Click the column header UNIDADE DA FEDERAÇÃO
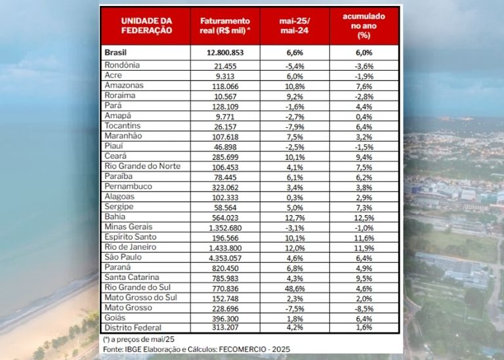146,26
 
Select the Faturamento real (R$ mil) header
225,26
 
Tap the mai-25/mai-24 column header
295,26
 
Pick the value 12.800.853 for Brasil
225,52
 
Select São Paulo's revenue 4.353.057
225,257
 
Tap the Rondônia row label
123,66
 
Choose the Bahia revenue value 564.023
225,216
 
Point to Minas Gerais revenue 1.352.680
225,227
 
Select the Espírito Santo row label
131,237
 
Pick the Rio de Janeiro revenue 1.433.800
225,247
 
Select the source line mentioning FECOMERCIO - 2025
196,350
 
